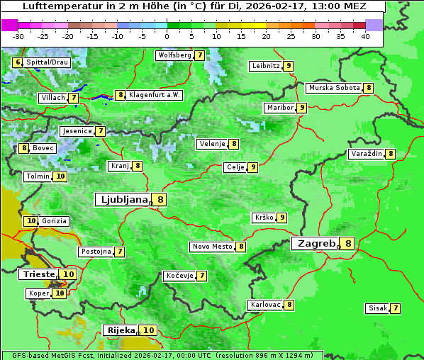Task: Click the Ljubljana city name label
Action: [x=122, y=200]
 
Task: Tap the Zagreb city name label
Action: [x=316, y=244]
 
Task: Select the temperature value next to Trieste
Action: [x=69, y=274]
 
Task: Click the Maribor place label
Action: [x=279, y=108]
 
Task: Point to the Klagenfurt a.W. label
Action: [x=155, y=95]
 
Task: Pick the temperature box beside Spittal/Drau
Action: [x=18, y=62]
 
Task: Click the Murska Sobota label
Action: [x=333, y=88]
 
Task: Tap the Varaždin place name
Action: [x=366, y=154]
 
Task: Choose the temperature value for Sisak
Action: [x=395, y=308]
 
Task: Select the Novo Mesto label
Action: [x=212, y=247]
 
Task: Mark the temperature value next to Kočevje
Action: [x=202, y=276]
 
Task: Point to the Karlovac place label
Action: [x=265, y=305]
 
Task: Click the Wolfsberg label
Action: [x=174, y=55]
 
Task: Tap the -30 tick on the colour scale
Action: [x=18, y=35]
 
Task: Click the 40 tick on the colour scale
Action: [x=365, y=35]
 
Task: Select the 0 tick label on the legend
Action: [x=167, y=35]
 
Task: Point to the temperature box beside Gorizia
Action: [x=30, y=221]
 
